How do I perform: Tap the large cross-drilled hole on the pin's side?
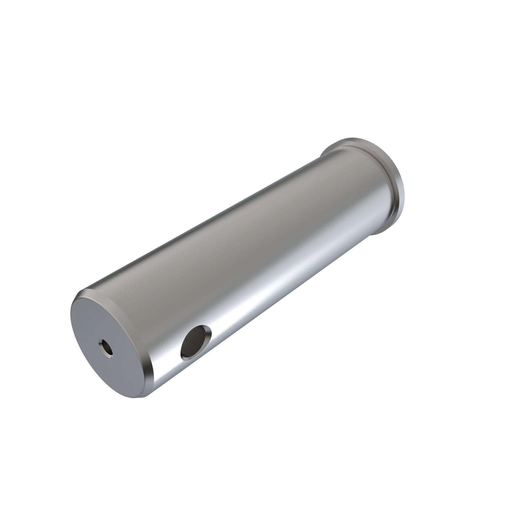pyautogui.click(x=196, y=342)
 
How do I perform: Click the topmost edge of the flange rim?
pyautogui.click(x=352, y=139)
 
